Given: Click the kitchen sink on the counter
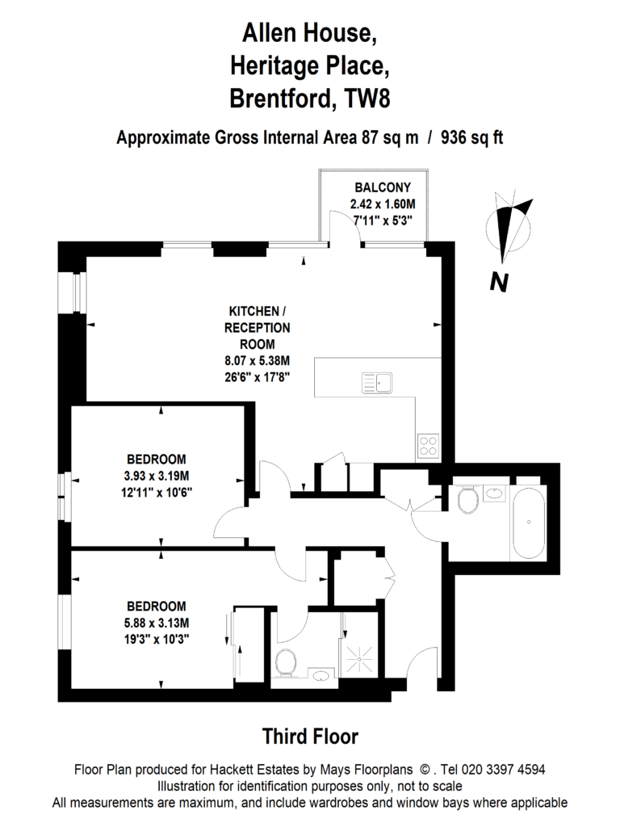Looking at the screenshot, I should pos(377,382).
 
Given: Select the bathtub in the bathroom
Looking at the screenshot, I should pos(528,523).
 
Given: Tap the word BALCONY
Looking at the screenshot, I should pos(377,189).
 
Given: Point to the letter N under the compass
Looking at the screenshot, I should pos(499,282).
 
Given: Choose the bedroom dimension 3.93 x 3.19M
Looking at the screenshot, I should pos(157,474).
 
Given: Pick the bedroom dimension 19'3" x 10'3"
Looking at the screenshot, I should pos(157,638).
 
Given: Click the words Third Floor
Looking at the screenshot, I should pos(310,736).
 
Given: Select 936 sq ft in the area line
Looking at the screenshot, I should pos(471,137).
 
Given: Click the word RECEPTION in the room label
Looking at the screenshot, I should pos(258,327).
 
